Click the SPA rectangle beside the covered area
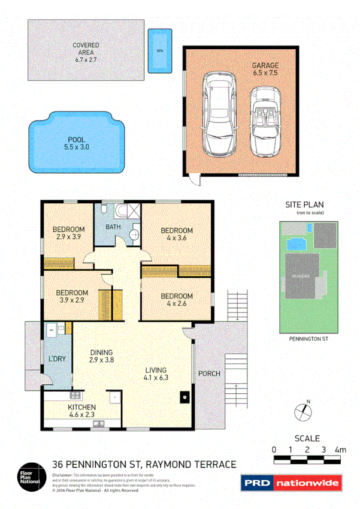coord(159,51)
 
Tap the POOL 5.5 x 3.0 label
coord(76,143)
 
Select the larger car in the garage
coord(219,113)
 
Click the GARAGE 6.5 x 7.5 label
coord(265,69)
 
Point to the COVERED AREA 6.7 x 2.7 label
coord(86,52)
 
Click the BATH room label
coord(113,227)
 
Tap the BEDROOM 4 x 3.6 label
coord(176,234)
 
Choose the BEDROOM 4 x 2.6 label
coord(176,300)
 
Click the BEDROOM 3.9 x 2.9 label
coord(72,297)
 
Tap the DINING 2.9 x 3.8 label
coord(102,357)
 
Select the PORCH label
coord(209,374)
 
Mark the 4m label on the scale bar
coord(340,449)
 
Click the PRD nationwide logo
coord(291,483)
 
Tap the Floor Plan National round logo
coord(29,475)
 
